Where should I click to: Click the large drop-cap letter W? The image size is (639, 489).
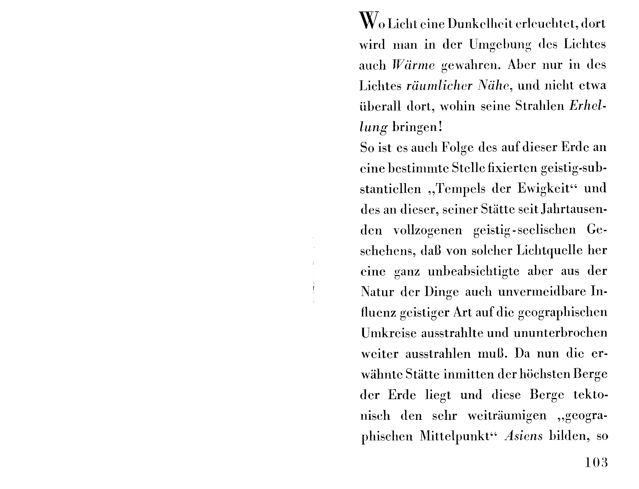(369, 21)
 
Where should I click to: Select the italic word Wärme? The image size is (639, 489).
(413, 65)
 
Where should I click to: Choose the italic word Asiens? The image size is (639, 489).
(524, 436)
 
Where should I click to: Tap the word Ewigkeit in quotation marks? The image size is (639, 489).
(543, 189)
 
